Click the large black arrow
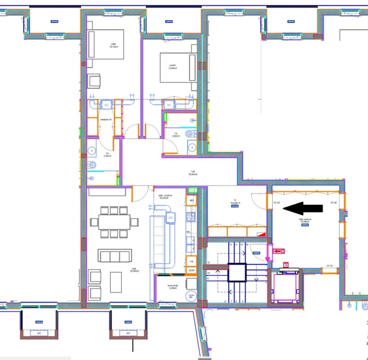306,207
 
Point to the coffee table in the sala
116,282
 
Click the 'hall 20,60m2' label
193,172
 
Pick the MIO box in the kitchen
191,200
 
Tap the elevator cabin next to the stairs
285,288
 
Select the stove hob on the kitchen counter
190,216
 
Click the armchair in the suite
94,80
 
